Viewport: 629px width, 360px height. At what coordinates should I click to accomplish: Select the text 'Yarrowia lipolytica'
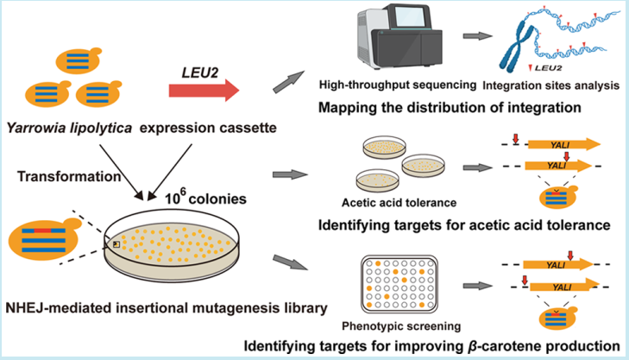point(59,128)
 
